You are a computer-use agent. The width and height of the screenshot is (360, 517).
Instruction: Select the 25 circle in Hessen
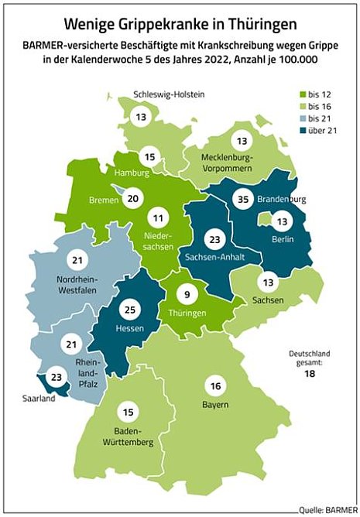pyautogui.click(x=129, y=310)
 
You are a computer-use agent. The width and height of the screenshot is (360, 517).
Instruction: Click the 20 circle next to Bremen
pyautogui.click(x=133, y=198)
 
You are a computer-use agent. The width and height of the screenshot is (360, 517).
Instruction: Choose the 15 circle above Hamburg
pyautogui.click(x=151, y=158)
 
